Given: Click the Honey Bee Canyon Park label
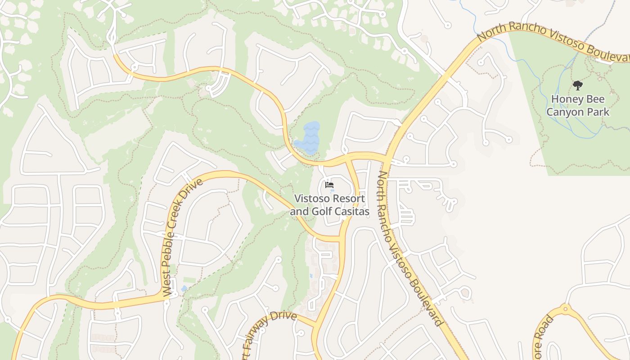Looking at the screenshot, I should [578, 105].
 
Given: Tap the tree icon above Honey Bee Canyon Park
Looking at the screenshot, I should [578, 85].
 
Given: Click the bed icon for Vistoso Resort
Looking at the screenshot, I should [329, 184].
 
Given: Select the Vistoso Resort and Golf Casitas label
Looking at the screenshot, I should [329, 205].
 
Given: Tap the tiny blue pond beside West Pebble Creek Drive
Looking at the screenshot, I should [184, 288].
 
